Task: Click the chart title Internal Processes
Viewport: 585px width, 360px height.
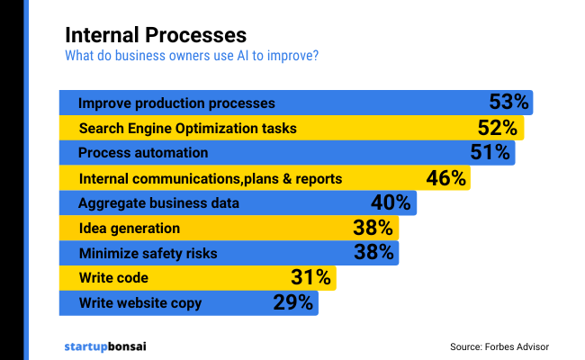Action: point(155,36)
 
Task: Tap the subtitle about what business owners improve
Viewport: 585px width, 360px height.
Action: point(191,57)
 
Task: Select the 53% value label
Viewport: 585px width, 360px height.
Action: point(508,102)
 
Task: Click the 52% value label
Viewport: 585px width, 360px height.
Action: point(498,127)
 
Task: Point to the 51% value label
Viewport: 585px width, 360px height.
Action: point(490,152)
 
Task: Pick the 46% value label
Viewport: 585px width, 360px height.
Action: point(445,177)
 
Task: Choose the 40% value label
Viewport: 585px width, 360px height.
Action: point(391,202)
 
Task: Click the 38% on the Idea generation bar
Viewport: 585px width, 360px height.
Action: point(373,228)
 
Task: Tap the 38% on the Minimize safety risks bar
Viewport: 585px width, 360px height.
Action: point(373,253)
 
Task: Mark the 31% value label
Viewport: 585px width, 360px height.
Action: point(311,277)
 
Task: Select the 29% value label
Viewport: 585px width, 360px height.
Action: point(292,302)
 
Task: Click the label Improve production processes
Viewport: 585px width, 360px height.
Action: point(176,103)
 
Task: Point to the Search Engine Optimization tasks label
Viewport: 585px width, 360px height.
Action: point(187,128)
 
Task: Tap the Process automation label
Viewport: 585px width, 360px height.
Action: point(143,153)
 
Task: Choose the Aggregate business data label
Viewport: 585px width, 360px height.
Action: point(158,203)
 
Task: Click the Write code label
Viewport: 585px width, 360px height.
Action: point(112,278)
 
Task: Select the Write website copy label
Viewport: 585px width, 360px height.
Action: point(139,303)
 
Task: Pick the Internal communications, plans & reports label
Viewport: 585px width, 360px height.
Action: point(211,178)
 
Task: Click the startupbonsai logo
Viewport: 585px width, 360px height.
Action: point(106,346)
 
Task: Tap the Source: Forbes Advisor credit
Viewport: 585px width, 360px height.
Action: point(499,346)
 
